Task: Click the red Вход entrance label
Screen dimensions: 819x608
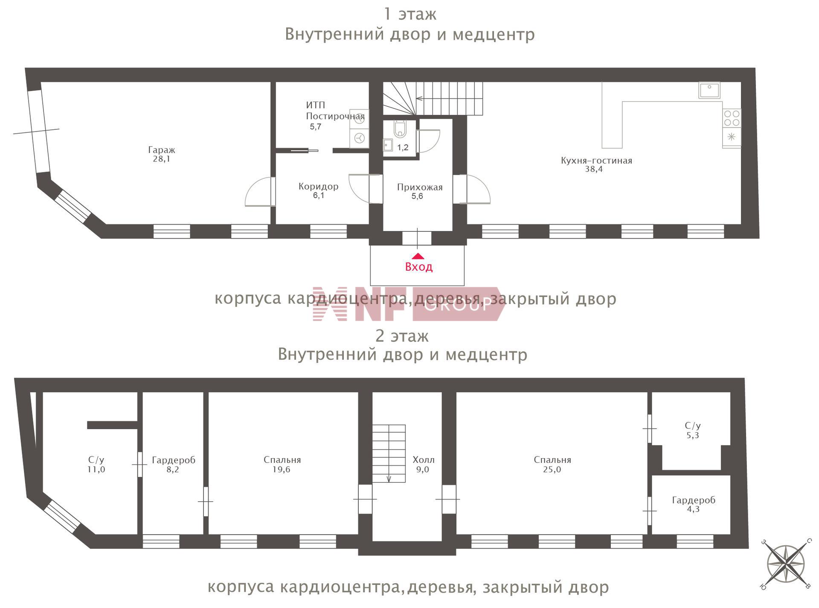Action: point(418,267)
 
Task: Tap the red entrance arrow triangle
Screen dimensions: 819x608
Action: point(418,256)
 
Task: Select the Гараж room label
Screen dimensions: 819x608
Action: point(162,150)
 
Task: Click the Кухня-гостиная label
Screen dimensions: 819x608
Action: point(596,161)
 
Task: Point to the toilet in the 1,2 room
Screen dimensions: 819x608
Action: point(400,129)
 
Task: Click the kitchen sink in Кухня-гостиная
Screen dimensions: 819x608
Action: point(709,90)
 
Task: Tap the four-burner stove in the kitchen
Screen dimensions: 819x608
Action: point(732,118)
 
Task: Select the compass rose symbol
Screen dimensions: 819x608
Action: point(786,564)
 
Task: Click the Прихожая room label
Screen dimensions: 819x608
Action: point(420,187)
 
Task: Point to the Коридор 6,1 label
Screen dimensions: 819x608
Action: point(319,191)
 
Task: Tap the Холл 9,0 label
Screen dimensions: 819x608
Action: point(423,465)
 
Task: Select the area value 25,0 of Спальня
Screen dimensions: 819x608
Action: point(552,470)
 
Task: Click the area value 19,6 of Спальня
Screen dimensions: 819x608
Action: point(282,470)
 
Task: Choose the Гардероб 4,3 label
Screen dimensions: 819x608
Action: point(694,504)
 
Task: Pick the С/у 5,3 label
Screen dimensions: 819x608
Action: point(693,430)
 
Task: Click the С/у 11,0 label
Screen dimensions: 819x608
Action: point(96,465)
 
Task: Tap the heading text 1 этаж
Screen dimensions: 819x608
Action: point(410,14)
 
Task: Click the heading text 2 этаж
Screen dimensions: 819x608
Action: point(402,336)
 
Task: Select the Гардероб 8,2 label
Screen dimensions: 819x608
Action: point(174,465)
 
